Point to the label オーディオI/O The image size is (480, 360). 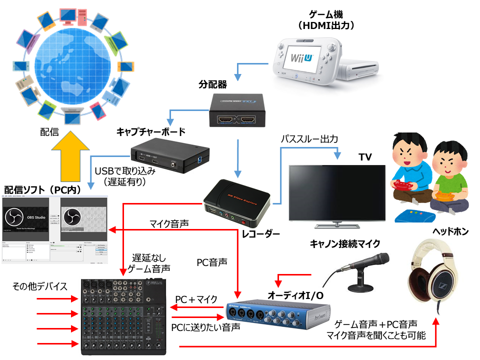(x=295, y=295)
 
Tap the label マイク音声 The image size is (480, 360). (x=169, y=223)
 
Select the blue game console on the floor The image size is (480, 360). (x=414, y=215)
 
